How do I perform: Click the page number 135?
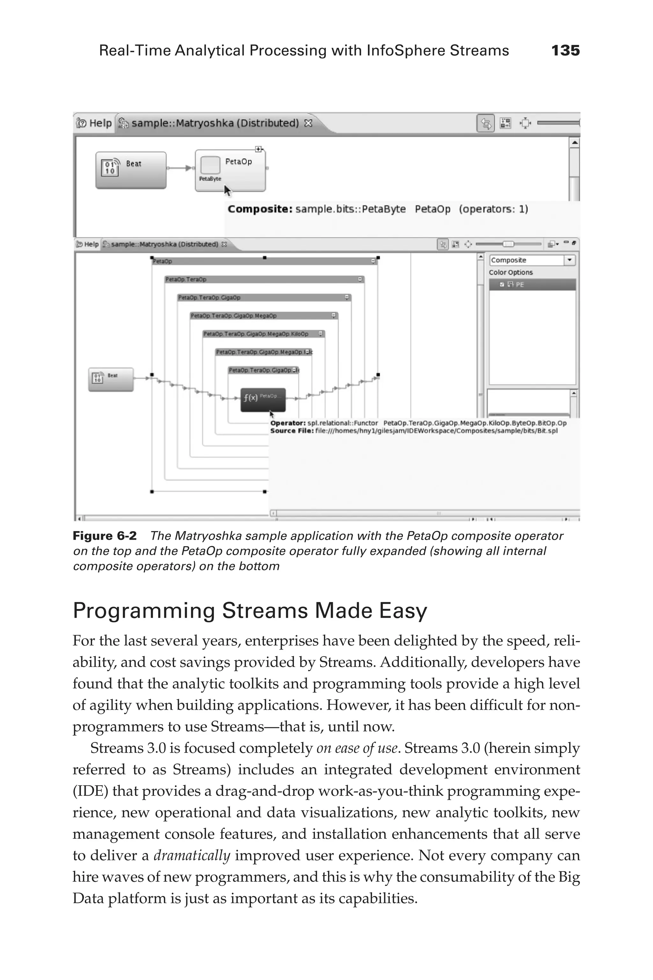[x=565, y=51]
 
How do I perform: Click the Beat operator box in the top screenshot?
[x=131, y=170]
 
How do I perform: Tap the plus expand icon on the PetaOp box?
[x=258, y=149]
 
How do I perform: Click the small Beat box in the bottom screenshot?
[x=111, y=379]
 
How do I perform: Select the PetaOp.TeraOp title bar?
[x=264, y=279]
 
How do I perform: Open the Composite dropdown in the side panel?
[x=569, y=260]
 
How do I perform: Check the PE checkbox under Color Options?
[x=502, y=285]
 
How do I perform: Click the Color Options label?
[x=510, y=272]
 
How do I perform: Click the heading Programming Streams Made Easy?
[x=250, y=611]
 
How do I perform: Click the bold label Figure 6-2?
[x=105, y=536]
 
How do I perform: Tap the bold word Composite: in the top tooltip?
[x=260, y=209]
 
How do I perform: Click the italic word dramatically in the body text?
[x=192, y=855]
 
